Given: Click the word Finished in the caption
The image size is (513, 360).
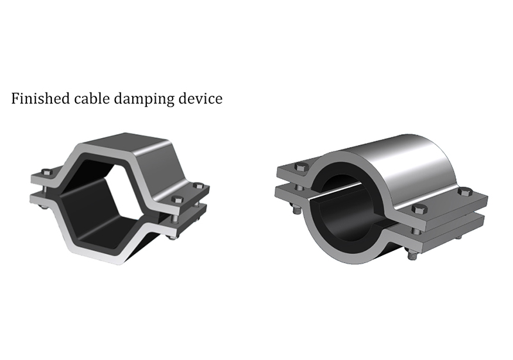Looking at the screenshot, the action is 40,98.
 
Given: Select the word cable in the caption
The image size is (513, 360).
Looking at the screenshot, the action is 92,98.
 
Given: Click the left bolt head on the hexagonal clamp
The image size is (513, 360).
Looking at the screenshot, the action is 46,172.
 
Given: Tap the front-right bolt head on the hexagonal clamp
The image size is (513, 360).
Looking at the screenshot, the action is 177,199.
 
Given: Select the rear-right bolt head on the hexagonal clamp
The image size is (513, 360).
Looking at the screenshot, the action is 198,185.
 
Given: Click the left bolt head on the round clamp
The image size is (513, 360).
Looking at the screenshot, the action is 301,167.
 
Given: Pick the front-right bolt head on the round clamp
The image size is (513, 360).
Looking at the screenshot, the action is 419,209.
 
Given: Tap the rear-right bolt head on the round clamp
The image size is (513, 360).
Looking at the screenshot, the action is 464,192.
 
